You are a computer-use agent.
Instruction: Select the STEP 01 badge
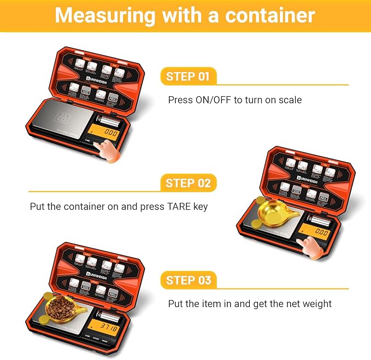(x=187, y=76)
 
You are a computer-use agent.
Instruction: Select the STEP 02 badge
(x=187, y=183)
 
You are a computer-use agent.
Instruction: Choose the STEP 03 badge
(x=187, y=280)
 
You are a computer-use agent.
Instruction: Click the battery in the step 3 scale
(x=107, y=314)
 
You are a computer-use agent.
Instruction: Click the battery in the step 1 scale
(x=107, y=119)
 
